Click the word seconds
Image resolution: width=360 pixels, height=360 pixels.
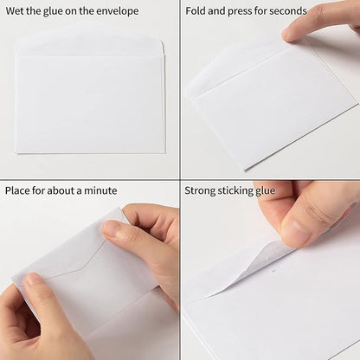[287, 11]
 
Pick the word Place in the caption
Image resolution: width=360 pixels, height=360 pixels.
[19, 190]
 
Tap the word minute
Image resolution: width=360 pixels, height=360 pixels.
[100, 190]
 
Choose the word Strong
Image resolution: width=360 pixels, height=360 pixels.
[202, 190]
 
